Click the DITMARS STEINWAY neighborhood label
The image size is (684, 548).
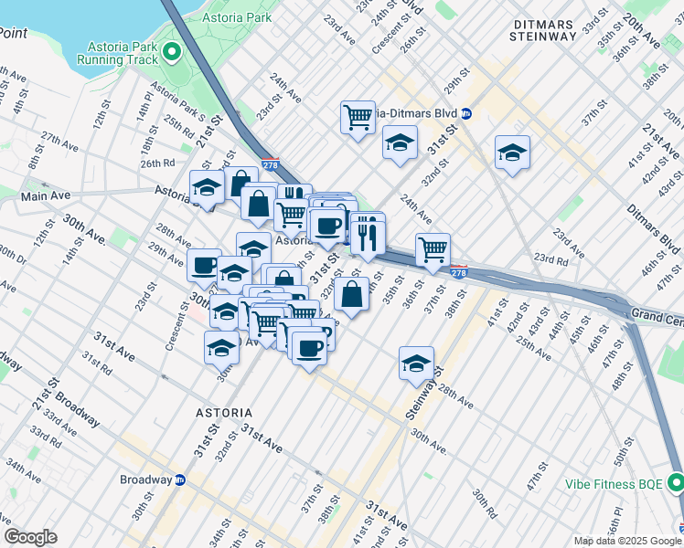[543, 28]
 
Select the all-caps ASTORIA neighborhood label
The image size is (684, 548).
[224, 413]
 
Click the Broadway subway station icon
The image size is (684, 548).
[180, 479]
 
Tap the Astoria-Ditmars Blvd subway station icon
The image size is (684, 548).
[466, 113]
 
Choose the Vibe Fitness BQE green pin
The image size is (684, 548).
[675, 480]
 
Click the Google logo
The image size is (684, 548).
[30, 537]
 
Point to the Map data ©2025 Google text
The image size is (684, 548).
[627, 541]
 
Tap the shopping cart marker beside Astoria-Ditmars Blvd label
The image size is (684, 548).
[358, 116]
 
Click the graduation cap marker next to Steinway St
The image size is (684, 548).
[416, 363]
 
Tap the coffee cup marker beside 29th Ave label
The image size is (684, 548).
[204, 265]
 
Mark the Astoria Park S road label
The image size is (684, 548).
[178, 101]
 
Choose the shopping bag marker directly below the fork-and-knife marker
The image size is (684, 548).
[352, 294]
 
